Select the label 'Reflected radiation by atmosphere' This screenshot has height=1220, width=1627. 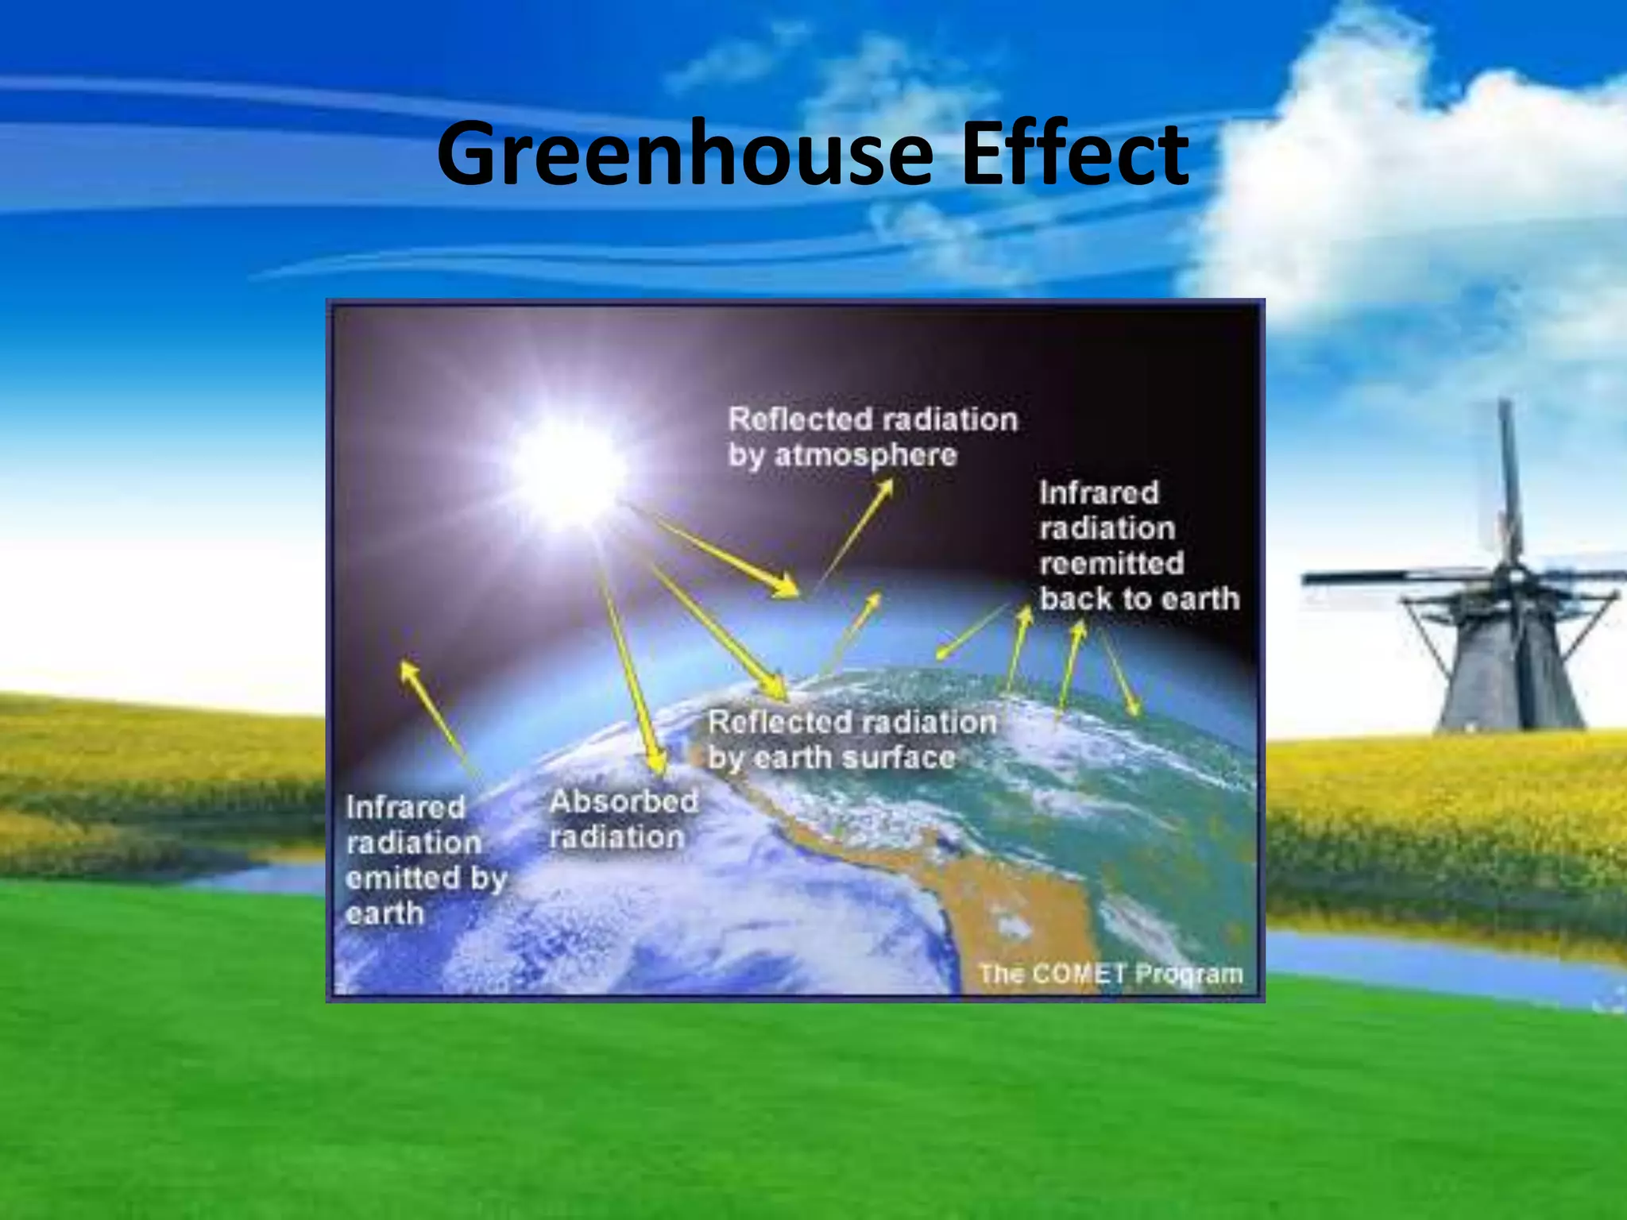pos(872,437)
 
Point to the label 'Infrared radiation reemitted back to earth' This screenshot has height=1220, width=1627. pos(1138,546)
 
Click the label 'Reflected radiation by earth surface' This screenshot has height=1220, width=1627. pos(852,739)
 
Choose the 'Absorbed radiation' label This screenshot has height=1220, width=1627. pos(624,818)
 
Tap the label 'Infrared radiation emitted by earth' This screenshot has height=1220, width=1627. pos(425,860)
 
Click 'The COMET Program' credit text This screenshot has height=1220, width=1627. pos(1111,973)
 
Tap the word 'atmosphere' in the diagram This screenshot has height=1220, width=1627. pos(865,455)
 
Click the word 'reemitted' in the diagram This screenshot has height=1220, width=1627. pos(1111,563)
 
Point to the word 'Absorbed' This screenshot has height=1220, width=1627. pos(624,801)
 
